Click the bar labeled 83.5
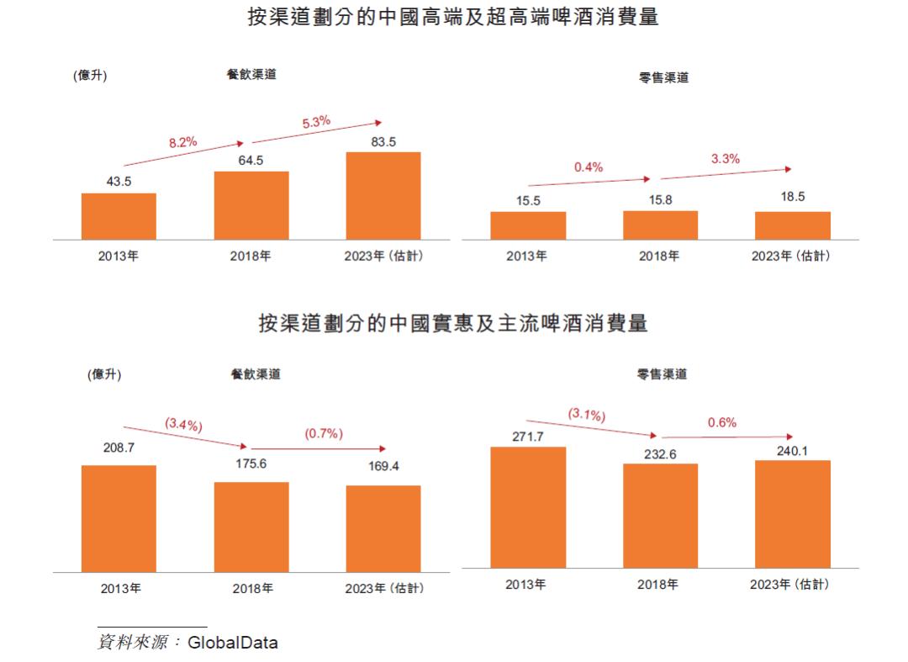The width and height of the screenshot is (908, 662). [x=383, y=195]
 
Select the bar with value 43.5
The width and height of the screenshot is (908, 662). [x=119, y=216]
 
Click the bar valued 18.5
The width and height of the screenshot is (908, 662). [x=792, y=225]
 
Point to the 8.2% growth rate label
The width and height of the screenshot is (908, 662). [x=182, y=142]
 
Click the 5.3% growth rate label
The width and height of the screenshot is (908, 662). [x=316, y=122]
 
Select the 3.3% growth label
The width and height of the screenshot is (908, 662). [x=725, y=158]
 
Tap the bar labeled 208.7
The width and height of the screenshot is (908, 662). [x=119, y=518]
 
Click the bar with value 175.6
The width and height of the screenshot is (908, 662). [x=251, y=527]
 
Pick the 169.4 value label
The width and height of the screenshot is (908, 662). [x=383, y=466]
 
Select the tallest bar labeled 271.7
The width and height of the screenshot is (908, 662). [x=528, y=506]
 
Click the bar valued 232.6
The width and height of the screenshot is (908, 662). [x=660, y=515]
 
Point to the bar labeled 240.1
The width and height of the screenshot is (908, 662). [x=792, y=513]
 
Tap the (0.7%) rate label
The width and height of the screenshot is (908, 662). [x=324, y=434]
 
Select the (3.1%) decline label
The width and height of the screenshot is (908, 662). [x=587, y=414]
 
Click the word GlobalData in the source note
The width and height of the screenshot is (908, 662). [x=233, y=643]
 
